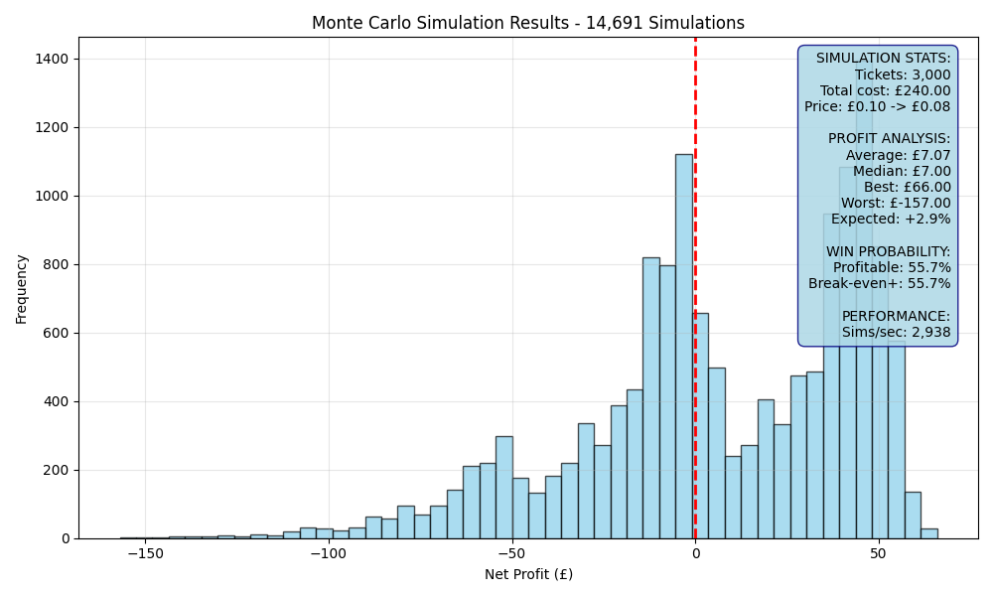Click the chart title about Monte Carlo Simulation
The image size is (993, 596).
pyautogui.click(x=528, y=23)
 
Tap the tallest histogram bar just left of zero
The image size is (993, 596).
pyautogui.click(x=684, y=347)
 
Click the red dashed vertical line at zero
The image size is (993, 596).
pyautogui.click(x=695, y=288)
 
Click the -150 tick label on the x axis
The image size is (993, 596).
pyautogui.click(x=146, y=553)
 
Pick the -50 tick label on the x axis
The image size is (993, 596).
pyautogui.click(x=511, y=553)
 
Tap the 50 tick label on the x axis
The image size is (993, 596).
pyautogui.click(x=878, y=553)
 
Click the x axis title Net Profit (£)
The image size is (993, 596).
pyautogui.click(x=529, y=574)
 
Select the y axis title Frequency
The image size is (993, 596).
pyautogui.click(x=22, y=289)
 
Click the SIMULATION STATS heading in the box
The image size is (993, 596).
pyautogui.click(x=884, y=59)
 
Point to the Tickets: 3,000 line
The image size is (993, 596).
pyautogui.click(x=903, y=74)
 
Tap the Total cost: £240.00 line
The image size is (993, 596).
pyautogui.click(x=886, y=90)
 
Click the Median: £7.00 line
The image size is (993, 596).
pyautogui.click(x=902, y=171)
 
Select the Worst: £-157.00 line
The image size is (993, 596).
pyautogui.click(x=896, y=203)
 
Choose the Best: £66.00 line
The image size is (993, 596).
pyautogui.click(x=908, y=187)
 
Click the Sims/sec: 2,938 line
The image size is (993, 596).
pyautogui.click(x=896, y=332)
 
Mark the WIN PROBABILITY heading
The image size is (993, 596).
pyautogui.click(x=889, y=251)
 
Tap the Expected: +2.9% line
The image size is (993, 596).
pyautogui.click(x=891, y=220)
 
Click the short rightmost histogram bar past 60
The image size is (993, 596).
pyautogui.click(x=929, y=534)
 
